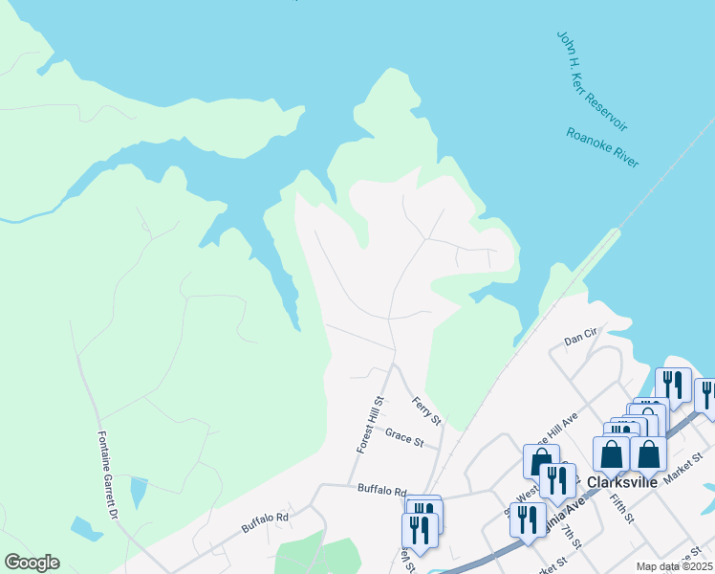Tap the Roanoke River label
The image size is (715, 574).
click(602, 148)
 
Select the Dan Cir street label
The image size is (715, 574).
click(579, 339)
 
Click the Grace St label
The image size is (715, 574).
click(403, 435)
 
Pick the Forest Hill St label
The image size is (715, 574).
click(368, 425)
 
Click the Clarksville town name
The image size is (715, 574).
click(623, 482)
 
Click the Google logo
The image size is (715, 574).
click(32, 563)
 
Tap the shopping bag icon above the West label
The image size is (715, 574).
click(541, 462)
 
